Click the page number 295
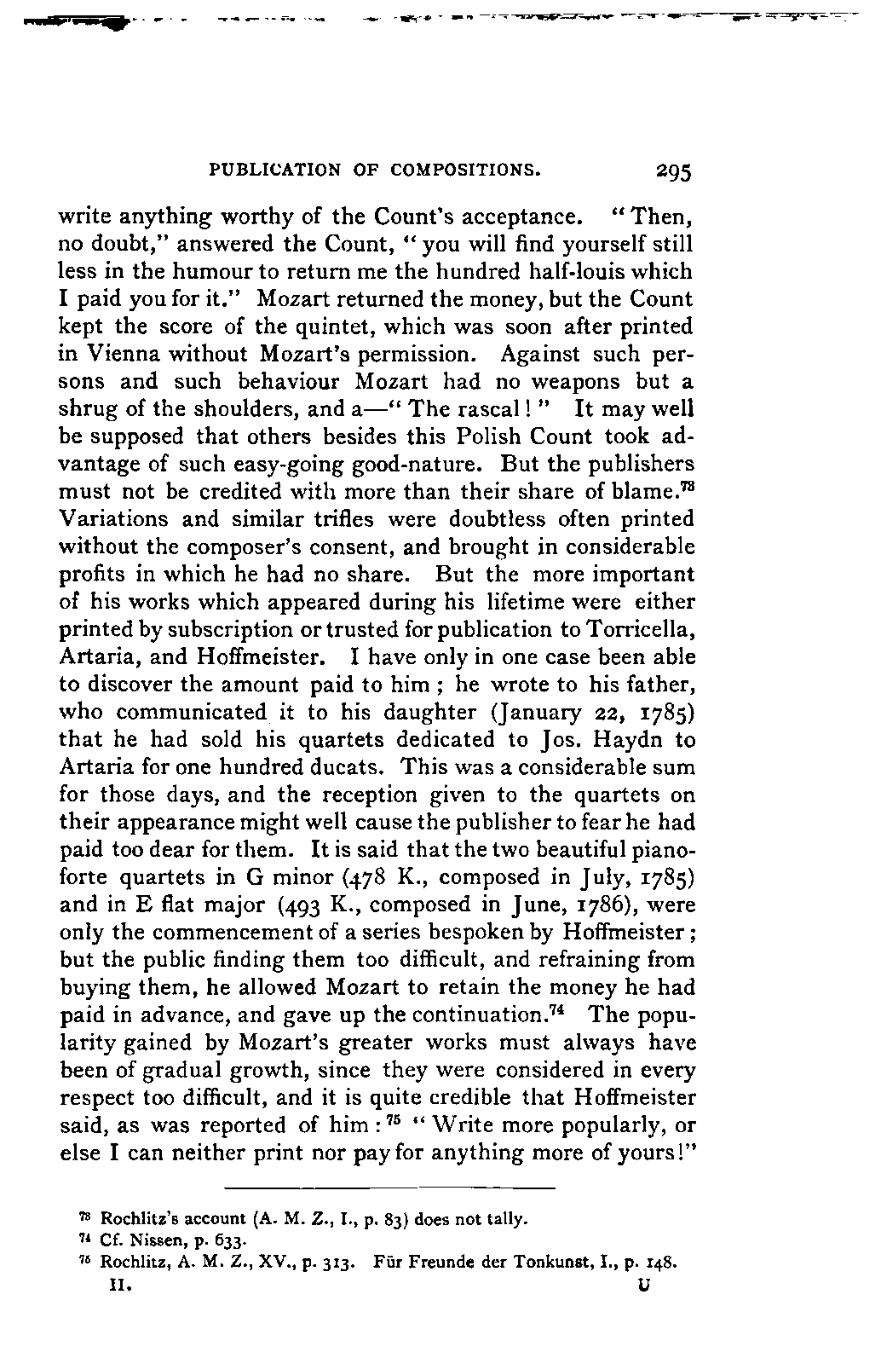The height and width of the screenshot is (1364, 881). [675, 172]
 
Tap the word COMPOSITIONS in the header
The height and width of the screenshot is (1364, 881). [466, 170]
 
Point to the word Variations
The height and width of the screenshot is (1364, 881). [105, 519]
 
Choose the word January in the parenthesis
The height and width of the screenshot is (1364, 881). [529, 712]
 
